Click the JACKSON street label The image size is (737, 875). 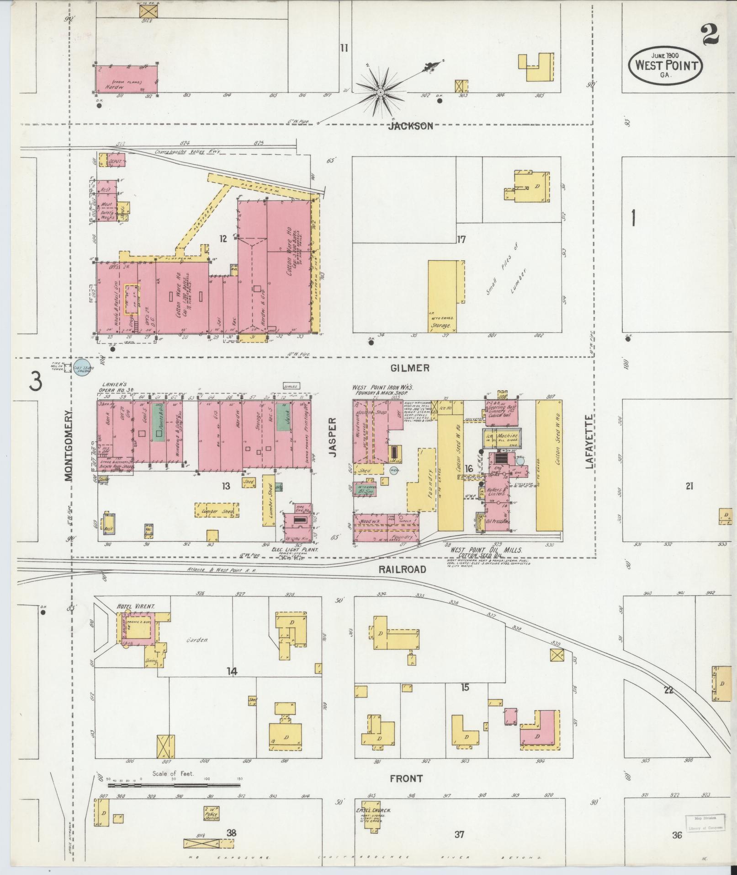coord(410,127)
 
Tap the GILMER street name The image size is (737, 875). coord(410,368)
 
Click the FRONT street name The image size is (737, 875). coord(406,778)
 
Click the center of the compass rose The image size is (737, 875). coord(380,93)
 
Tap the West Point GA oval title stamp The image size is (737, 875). coord(665,65)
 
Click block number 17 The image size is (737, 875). coord(461,239)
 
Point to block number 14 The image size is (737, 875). coord(232,671)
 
